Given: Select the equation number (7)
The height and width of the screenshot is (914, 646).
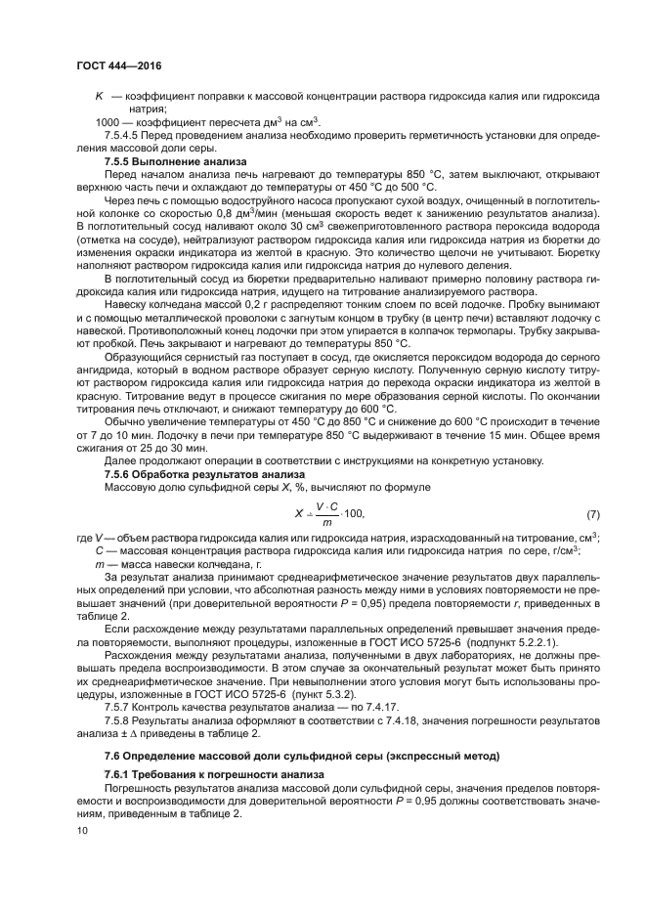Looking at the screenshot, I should [592, 513].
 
